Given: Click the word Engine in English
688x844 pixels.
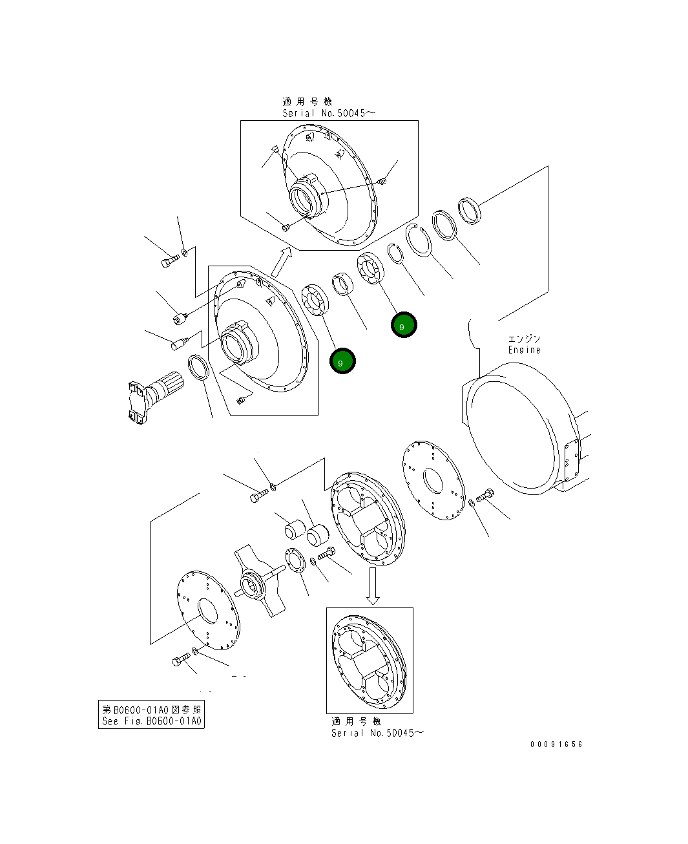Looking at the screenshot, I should point(524,350).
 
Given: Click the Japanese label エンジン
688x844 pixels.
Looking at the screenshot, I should point(524,339).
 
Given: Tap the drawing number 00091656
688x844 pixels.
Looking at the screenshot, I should point(556,744).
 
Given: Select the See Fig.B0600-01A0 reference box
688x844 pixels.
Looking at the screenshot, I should point(151,715).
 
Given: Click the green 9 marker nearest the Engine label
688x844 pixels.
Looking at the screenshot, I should point(404,325).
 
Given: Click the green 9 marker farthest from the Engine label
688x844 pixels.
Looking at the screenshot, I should point(342,361).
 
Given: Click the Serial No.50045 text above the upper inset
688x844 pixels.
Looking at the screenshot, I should point(328,113).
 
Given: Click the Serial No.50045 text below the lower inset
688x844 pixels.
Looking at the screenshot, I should point(378,733).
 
